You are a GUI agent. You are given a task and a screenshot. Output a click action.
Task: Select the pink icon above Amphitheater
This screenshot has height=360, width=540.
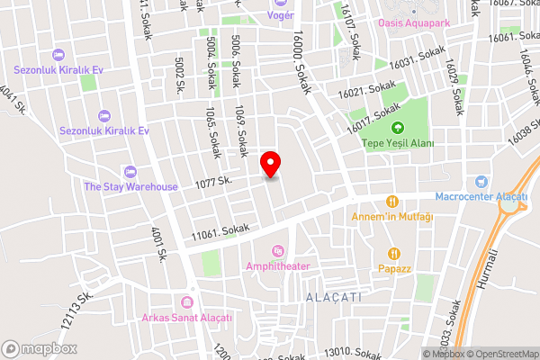coord(278,249)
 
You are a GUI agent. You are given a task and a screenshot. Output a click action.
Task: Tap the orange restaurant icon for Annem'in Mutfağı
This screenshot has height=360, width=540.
coord(391,202)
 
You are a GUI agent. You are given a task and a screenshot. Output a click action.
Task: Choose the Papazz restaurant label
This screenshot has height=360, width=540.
coord(394,268)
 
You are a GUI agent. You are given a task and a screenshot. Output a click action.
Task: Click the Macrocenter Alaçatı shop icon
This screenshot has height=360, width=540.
coord(481,181)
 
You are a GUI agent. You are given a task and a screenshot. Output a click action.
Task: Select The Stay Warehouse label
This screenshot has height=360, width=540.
coord(130,186)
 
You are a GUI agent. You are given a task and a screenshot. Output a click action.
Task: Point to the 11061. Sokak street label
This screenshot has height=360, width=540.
coord(219,232)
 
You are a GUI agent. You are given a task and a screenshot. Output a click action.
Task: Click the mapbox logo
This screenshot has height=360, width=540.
coord(39,348)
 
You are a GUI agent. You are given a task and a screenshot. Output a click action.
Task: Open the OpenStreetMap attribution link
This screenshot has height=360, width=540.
coord(502,354)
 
